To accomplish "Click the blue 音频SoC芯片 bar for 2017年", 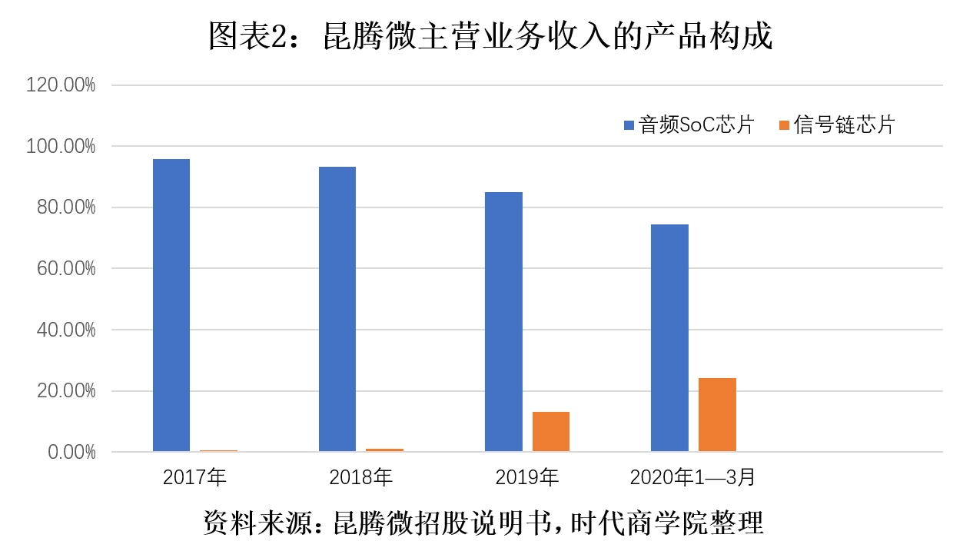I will (171, 305).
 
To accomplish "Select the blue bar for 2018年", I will (337, 309).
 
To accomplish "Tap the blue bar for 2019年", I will (503, 321).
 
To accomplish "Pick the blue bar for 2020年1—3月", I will (669, 338).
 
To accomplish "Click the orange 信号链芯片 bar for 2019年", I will (551, 432).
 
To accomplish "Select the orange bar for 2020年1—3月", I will (717, 415).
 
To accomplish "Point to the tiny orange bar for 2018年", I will (384, 450).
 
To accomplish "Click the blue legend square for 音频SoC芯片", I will (629, 125).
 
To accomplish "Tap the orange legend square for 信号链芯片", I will (785, 125).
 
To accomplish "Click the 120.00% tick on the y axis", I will (61, 85).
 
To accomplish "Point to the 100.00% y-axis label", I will (61, 146).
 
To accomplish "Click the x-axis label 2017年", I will (194, 477).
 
